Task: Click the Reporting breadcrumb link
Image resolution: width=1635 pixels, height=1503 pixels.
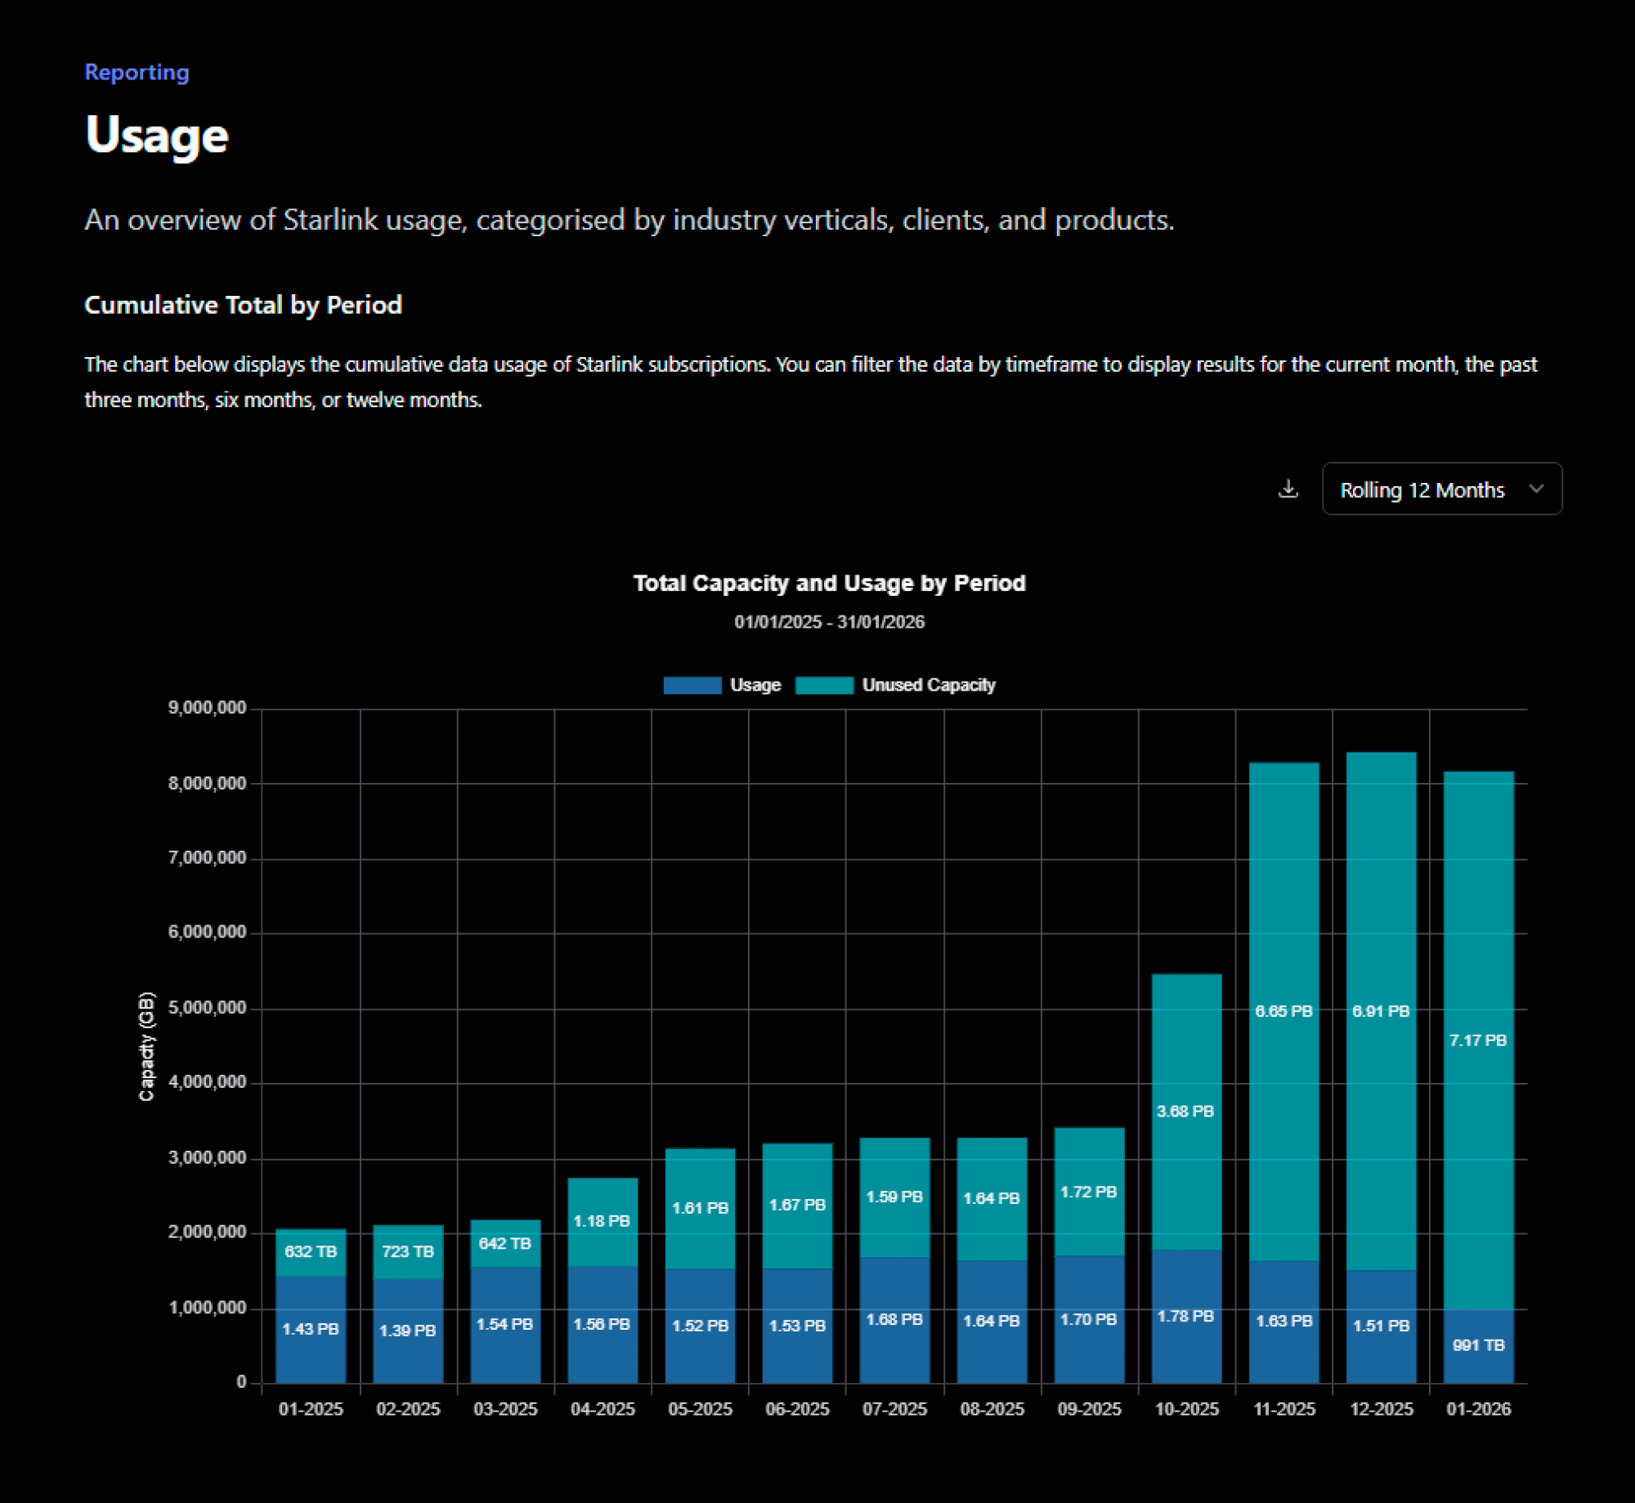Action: coord(137,72)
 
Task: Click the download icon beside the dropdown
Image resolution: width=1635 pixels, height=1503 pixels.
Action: coord(1288,489)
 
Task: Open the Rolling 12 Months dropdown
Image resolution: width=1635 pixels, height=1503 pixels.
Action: coord(1441,489)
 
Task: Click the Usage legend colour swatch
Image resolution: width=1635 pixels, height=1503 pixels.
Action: coord(692,685)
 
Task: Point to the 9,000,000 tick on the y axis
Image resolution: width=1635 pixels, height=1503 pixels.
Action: coord(207,708)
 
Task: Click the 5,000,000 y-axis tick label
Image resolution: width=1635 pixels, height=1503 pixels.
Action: coord(207,1008)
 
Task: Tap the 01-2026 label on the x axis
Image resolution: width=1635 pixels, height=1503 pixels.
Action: coord(1478,1409)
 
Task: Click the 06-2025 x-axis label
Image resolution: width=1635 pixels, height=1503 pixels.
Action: coord(797,1409)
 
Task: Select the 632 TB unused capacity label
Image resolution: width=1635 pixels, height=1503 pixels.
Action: coord(311,1251)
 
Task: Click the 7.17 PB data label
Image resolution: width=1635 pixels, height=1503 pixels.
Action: coord(1478,1040)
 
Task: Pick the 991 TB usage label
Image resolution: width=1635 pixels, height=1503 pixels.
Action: coord(1478,1345)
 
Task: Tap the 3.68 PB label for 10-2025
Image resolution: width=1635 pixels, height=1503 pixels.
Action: coord(1185,1112)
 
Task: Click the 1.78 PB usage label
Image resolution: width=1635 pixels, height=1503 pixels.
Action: coord(1185,1316)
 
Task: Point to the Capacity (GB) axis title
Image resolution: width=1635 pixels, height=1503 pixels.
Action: coord(146,1046)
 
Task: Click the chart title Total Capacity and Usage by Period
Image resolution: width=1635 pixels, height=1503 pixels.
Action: coord(829,583)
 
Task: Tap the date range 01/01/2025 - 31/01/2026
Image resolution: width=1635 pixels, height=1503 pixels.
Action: coord(829,622)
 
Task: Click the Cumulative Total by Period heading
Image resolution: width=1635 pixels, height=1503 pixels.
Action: coord(243,305)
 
